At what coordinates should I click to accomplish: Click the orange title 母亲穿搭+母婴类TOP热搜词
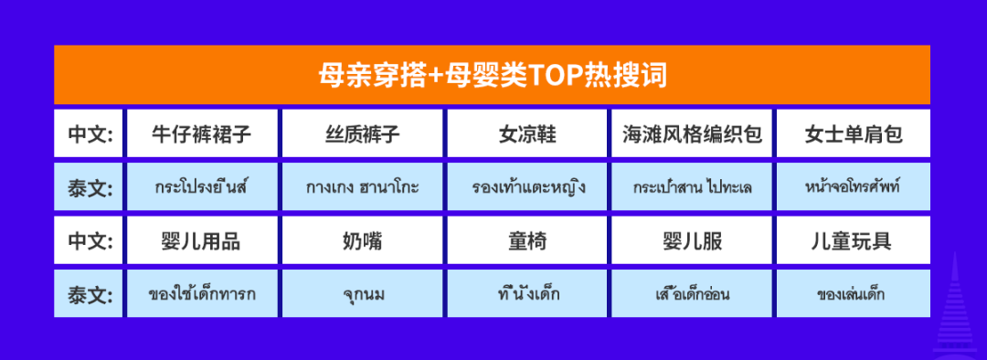(x=492, y=75)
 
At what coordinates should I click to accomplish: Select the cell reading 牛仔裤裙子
(x=202, y=133)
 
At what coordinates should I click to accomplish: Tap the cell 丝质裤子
(x=363, y=133)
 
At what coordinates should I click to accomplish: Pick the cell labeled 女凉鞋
(x=527, y=133)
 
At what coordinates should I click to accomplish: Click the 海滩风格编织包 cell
(x=692, y=133)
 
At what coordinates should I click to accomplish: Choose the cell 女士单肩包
(x=854, y=133)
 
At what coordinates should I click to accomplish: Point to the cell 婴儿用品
(x=202, y=240)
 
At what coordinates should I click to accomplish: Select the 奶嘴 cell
(x=363, y=240)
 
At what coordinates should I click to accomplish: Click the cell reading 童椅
(x=527, y=240)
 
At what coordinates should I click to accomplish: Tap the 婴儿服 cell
(x=692, y=240)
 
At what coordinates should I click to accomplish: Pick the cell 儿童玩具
(x=854, y=240)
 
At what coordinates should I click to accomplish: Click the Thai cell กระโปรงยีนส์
(x=202, y=187)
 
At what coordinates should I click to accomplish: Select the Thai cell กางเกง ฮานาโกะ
(x=363, y=187)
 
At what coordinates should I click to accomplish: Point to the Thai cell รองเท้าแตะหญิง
(x=527, y=187)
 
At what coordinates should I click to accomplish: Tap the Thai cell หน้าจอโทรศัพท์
(x=854, y=187)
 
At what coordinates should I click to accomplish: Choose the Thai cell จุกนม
(x=363, y=294)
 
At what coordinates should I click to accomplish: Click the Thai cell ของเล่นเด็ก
(x=854, y=294)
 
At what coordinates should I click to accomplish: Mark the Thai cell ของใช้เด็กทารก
(x=202, y=294)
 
